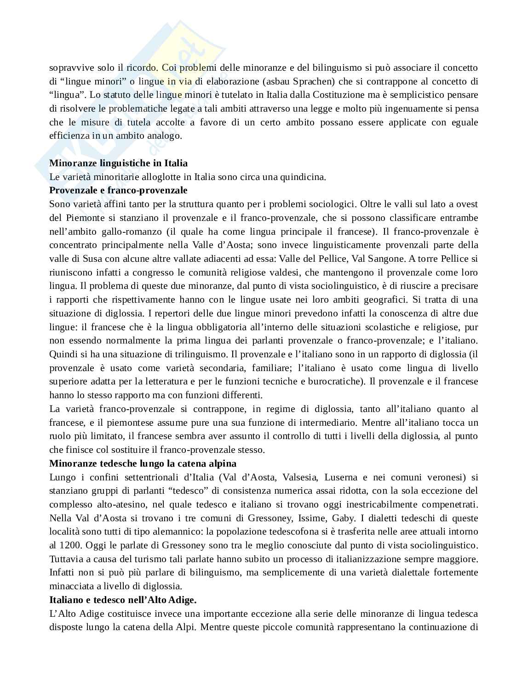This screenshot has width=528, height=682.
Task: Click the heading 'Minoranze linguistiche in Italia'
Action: pos(118,163)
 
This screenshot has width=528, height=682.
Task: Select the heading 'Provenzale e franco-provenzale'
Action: pos(118,190)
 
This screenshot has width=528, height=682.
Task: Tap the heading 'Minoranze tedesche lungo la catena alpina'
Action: pos(143,463)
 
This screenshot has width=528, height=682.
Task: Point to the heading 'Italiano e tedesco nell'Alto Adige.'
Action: pos(123,600)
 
